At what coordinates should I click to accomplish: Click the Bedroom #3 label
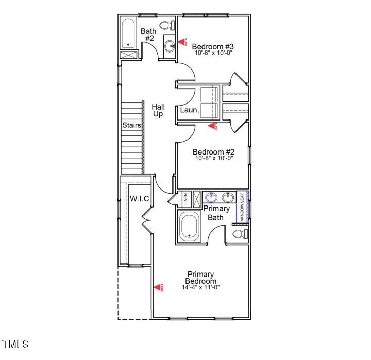click(x=214, y=45)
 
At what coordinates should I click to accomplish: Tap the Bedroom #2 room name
click(x=214, y=152)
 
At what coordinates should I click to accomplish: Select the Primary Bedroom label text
click(x=200, y=278)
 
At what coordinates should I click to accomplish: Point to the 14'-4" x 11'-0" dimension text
click(x=200, y=287)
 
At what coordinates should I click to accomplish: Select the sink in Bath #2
click(x=170, y=46)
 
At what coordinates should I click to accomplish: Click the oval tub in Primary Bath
click(x=190, y=227)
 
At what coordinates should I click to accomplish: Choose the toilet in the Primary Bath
click(x=240, y=234)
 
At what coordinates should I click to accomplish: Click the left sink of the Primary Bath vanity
click(x=211, y=197)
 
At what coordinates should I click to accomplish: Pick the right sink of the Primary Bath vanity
click(x=228, y=197)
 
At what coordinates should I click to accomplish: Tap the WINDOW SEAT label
click(x=242, y=208)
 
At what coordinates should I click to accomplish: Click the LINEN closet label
click(x=185, y=199)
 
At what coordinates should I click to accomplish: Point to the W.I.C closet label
click(x=139, y=198)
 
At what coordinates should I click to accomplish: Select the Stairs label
click(x=131, y=125)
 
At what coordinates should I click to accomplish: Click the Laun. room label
click(x=188, y=110)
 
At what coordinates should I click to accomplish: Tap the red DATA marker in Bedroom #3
click(x=182, y=41)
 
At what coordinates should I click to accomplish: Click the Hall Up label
click(x=158, y=110)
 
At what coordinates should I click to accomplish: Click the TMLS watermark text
click(x=15, y=344)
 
